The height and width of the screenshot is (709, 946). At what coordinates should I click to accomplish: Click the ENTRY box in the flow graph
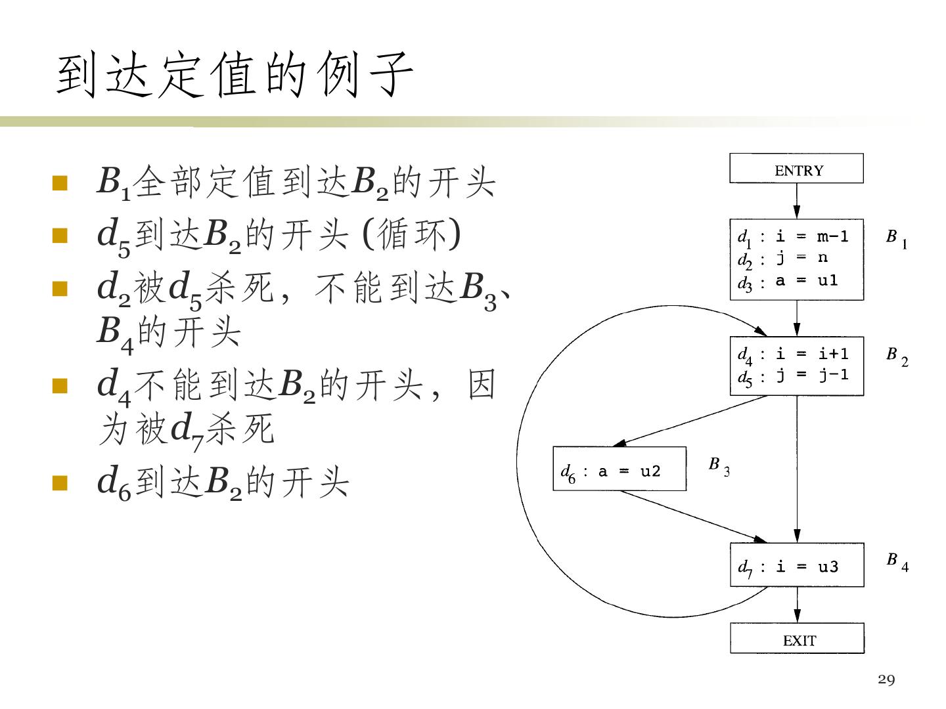(796, 169)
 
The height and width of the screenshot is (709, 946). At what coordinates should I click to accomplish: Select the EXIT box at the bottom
(797, 639)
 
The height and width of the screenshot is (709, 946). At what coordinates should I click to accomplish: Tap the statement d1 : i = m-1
(793, 236)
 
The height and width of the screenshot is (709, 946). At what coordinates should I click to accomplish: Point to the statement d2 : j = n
(782, 259)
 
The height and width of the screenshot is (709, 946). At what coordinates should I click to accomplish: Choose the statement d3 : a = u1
(788, 282)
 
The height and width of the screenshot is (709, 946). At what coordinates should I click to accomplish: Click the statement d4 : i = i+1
(793, 354)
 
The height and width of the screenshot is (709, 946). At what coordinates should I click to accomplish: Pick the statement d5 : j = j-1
(793, 376)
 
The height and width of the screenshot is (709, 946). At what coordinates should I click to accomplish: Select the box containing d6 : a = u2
(619, 469)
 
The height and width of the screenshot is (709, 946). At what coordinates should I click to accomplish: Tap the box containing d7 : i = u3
(797, 565)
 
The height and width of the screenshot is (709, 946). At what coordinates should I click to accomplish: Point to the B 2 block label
(897, 356)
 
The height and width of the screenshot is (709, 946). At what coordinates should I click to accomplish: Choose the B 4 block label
(897, 561)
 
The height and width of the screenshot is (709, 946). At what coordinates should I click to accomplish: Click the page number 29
(886, 679)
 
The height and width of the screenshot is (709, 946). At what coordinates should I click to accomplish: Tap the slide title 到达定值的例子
(235, 74)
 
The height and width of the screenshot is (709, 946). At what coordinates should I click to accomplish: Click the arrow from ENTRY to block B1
(797, 200)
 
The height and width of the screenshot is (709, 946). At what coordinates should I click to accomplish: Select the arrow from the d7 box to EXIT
(798, 605)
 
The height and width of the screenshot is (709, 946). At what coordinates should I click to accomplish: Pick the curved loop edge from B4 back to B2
(519, 460)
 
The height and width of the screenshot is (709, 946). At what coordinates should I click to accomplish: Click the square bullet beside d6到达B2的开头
(60, 483)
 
